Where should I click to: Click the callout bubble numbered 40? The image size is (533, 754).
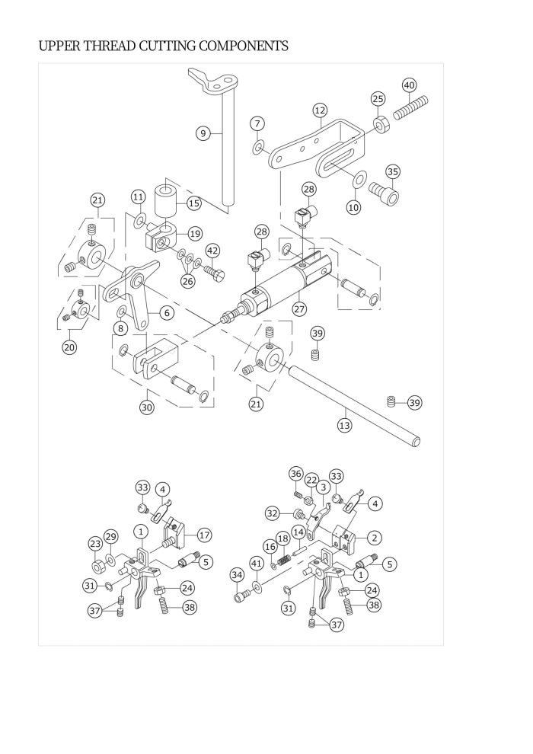click(x=409, y=85)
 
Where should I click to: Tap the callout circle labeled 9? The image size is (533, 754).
click(x=203, y=133)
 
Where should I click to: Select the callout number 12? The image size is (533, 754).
click(x=320, y=110)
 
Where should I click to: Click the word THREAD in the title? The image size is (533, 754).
click(x=110, y=46)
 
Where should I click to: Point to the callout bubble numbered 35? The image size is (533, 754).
click(x=393, y=171)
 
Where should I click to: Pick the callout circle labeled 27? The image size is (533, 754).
click(x=299, y=308)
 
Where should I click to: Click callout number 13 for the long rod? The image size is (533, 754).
click(x=345, y=425)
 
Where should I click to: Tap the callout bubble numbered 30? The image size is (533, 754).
click(x=147, y=407)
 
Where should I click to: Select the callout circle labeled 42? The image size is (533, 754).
click(x=213, y=251)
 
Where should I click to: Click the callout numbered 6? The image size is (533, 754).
click(x=167, y=313)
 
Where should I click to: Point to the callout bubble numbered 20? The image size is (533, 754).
click(x=70, y=347)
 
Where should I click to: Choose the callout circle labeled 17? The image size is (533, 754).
click(x=205, y=535)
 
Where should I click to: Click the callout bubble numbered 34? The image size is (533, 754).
click(x=237, y=574)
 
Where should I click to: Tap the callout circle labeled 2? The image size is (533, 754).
click(x=375, y=538)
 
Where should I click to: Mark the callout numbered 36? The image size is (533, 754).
click(x=296, y=474)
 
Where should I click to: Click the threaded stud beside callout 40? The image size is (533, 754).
click(x=411, y=108)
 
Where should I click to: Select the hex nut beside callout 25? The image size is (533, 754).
click(x=381, y=125)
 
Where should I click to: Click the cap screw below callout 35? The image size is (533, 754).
click(x=385, y=193)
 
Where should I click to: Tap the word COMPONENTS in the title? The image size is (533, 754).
click(x=243, y=46)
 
